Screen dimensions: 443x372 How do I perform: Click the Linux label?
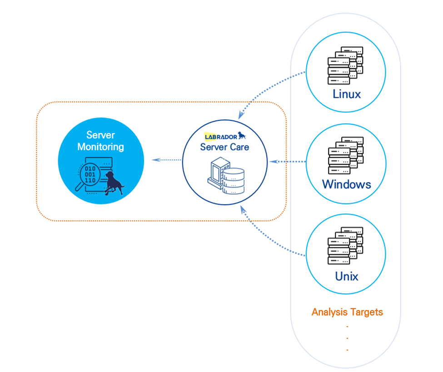tap(347, 94)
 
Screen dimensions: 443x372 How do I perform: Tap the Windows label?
tap(346, 184)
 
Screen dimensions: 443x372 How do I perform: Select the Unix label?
tap(347, 276)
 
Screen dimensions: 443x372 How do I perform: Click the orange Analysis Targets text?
tap(347, 312)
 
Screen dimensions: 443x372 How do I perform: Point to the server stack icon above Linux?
tap(345, 65)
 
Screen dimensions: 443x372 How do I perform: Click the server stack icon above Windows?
tap(346, 156)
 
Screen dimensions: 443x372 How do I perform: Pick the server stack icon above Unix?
tap(345, 246)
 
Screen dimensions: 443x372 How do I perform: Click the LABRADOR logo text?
tap(221, 137)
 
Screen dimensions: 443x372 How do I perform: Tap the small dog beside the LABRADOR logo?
tap(242, 136)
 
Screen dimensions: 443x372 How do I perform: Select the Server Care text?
tap(224, 147)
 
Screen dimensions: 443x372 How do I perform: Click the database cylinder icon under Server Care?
tap(233, 181)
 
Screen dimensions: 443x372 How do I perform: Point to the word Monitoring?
tap(100, 147)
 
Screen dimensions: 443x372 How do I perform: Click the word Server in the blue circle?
tap(100, 135)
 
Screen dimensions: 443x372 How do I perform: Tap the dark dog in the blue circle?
tap(114, 183)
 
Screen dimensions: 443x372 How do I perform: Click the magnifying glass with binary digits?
tap(88, 176)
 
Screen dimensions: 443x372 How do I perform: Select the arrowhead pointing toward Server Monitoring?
tap(156, 160)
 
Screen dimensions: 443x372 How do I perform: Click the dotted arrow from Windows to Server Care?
tap(287, 162)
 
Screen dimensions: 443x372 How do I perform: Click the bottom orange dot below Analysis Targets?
tap(347, 350)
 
